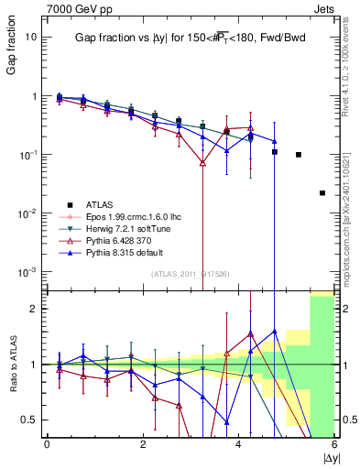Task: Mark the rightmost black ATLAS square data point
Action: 322,193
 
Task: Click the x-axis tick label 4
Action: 239,444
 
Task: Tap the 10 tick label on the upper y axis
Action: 30,37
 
